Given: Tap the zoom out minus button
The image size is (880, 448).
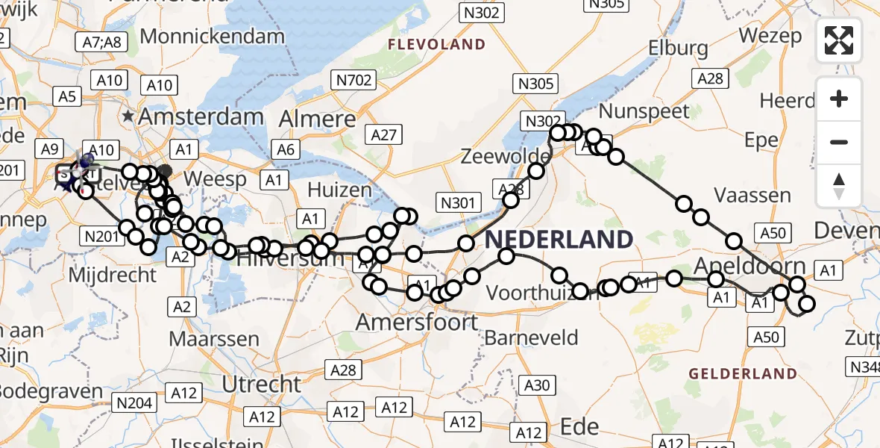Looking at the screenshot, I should coord(839,142).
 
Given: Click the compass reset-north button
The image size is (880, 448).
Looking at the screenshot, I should coord(839,185).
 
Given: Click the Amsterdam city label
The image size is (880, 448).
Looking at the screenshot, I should coord(201,116).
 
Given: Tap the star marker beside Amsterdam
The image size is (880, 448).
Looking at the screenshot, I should coord(129,116).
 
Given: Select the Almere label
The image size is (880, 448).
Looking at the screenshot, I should coord(318,119).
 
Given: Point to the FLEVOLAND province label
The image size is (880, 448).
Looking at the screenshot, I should coord(436,45).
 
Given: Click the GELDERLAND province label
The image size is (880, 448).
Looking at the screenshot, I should coord(743,373).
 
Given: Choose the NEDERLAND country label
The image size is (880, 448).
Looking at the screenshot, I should coord(559,240).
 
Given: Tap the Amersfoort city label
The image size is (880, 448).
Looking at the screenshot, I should coord(417,323).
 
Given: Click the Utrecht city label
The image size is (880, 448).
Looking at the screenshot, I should coord(262,385).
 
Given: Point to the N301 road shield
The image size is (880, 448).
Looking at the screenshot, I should coord(459,203).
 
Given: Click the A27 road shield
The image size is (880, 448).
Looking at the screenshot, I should coord(384,134).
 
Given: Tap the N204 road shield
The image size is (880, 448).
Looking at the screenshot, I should coord(134,404).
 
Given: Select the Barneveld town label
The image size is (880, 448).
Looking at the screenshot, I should coord(531,338).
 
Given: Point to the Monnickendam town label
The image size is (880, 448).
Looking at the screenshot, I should coord(212,36).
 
